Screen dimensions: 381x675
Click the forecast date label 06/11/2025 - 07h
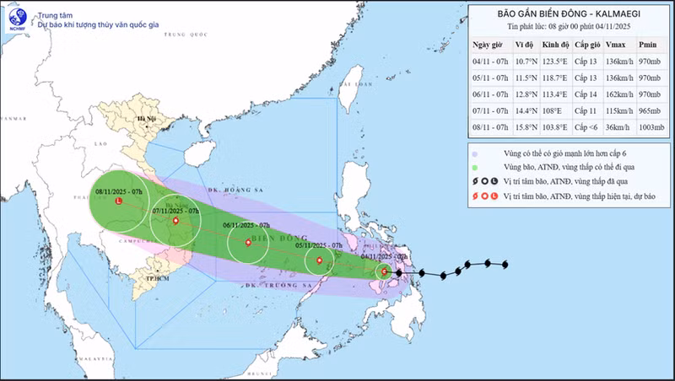(246, 226)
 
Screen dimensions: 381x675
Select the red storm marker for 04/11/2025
(385, 271)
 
